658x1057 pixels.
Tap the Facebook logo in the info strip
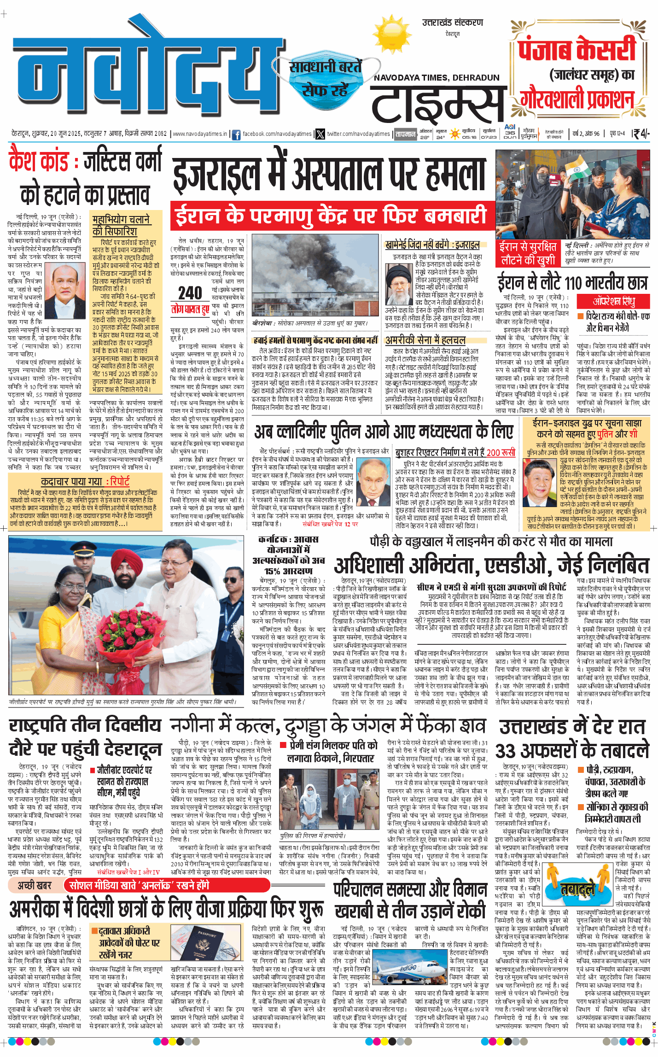tap(236, 134)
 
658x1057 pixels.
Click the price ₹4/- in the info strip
tap(641, 134)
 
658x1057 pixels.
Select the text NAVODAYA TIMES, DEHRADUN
tap(436, 78)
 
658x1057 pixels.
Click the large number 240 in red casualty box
tap(190, 293)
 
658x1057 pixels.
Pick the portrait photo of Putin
tap(373, 481)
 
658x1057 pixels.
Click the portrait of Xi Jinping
tap(541, 483)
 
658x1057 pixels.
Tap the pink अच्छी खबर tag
tap(35, 885)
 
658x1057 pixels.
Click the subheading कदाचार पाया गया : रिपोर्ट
tap(85, 481)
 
